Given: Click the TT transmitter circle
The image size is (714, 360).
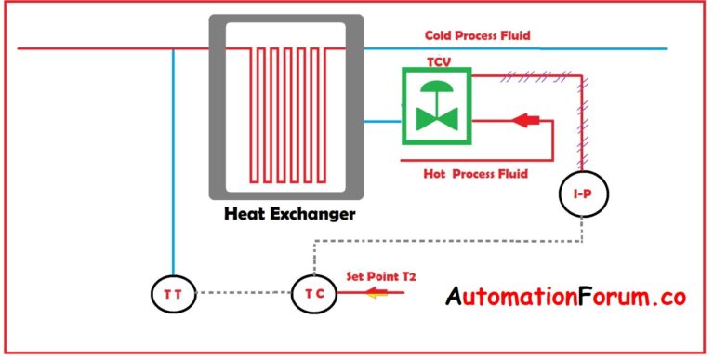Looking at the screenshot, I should click(x=174, y=294).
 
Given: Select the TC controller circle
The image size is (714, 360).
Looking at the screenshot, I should click(x=313, y=294).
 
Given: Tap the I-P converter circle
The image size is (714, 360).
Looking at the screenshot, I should click(x=582, y=193).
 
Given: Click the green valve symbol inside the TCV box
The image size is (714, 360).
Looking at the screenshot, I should click(x=436, y=105).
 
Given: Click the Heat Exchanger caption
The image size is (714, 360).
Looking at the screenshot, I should click(x=289, y=215).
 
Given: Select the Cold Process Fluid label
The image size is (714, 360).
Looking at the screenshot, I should click(x=477, y=36).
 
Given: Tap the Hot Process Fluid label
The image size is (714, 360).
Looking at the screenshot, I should click(x=475, y=174).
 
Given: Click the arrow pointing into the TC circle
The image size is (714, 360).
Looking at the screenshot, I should click(x=377, y=294).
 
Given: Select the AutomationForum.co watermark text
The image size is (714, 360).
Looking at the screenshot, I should click(x=565, y=298).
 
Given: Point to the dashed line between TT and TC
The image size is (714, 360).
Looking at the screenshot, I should click(x=244, y=294).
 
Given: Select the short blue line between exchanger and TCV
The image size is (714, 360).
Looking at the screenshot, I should click(x=380, y=120).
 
